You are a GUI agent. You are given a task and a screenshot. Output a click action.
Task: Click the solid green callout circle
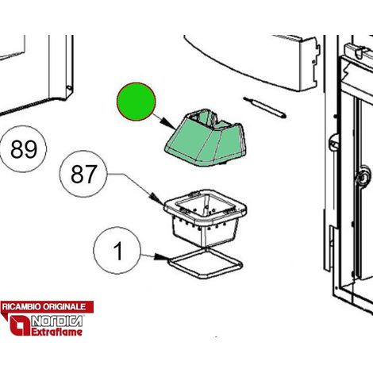(x=137, y=102)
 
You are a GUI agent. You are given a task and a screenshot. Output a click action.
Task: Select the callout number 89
(x=24, y=149)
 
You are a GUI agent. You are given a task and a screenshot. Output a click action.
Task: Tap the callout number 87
(x=83, y=174)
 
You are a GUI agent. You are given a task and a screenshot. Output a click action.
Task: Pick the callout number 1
(x=118, y=251)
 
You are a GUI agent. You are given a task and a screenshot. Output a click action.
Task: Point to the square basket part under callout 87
(x=206, y=217)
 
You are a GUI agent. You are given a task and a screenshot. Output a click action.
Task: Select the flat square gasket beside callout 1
(x=206, y=263)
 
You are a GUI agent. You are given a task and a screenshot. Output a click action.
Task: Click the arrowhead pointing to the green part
(x=168, y=125)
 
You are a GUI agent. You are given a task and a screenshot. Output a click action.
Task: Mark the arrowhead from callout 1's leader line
(x=161, y=257)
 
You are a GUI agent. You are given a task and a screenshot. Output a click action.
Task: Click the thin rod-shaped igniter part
(x=264, y=108)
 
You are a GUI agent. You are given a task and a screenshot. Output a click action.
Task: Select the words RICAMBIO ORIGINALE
(x=44, y=307)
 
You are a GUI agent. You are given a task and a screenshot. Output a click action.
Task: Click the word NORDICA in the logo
(x=57, y=321)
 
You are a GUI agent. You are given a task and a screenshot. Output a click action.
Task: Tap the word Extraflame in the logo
(x=56, y=332)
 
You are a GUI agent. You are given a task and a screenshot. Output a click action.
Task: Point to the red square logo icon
(x=20, y=325)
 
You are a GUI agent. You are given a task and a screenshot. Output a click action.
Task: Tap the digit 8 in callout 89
(x=17, y=149)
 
